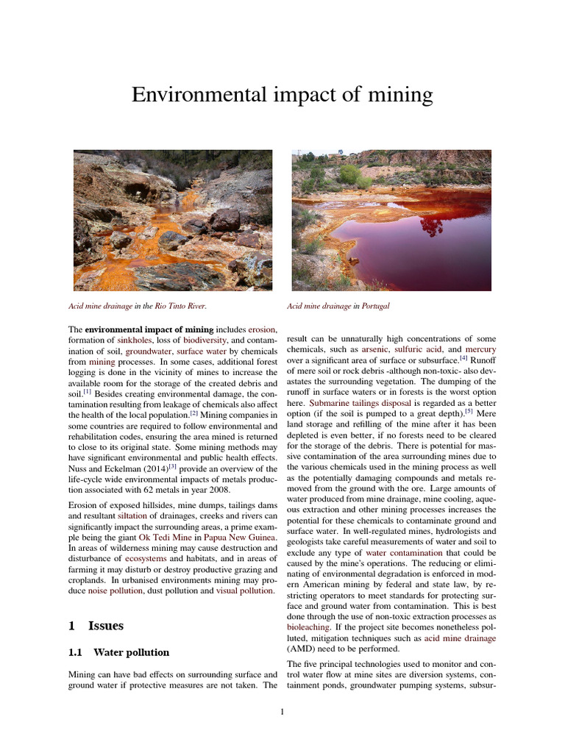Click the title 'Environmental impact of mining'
tap(282, 95)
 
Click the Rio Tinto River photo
tap(173, 220)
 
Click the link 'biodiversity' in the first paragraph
tap(210, 341)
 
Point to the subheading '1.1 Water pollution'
tap(118, 652)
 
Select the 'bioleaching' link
tap(308, 627)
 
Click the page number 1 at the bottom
tap(282, 712)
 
